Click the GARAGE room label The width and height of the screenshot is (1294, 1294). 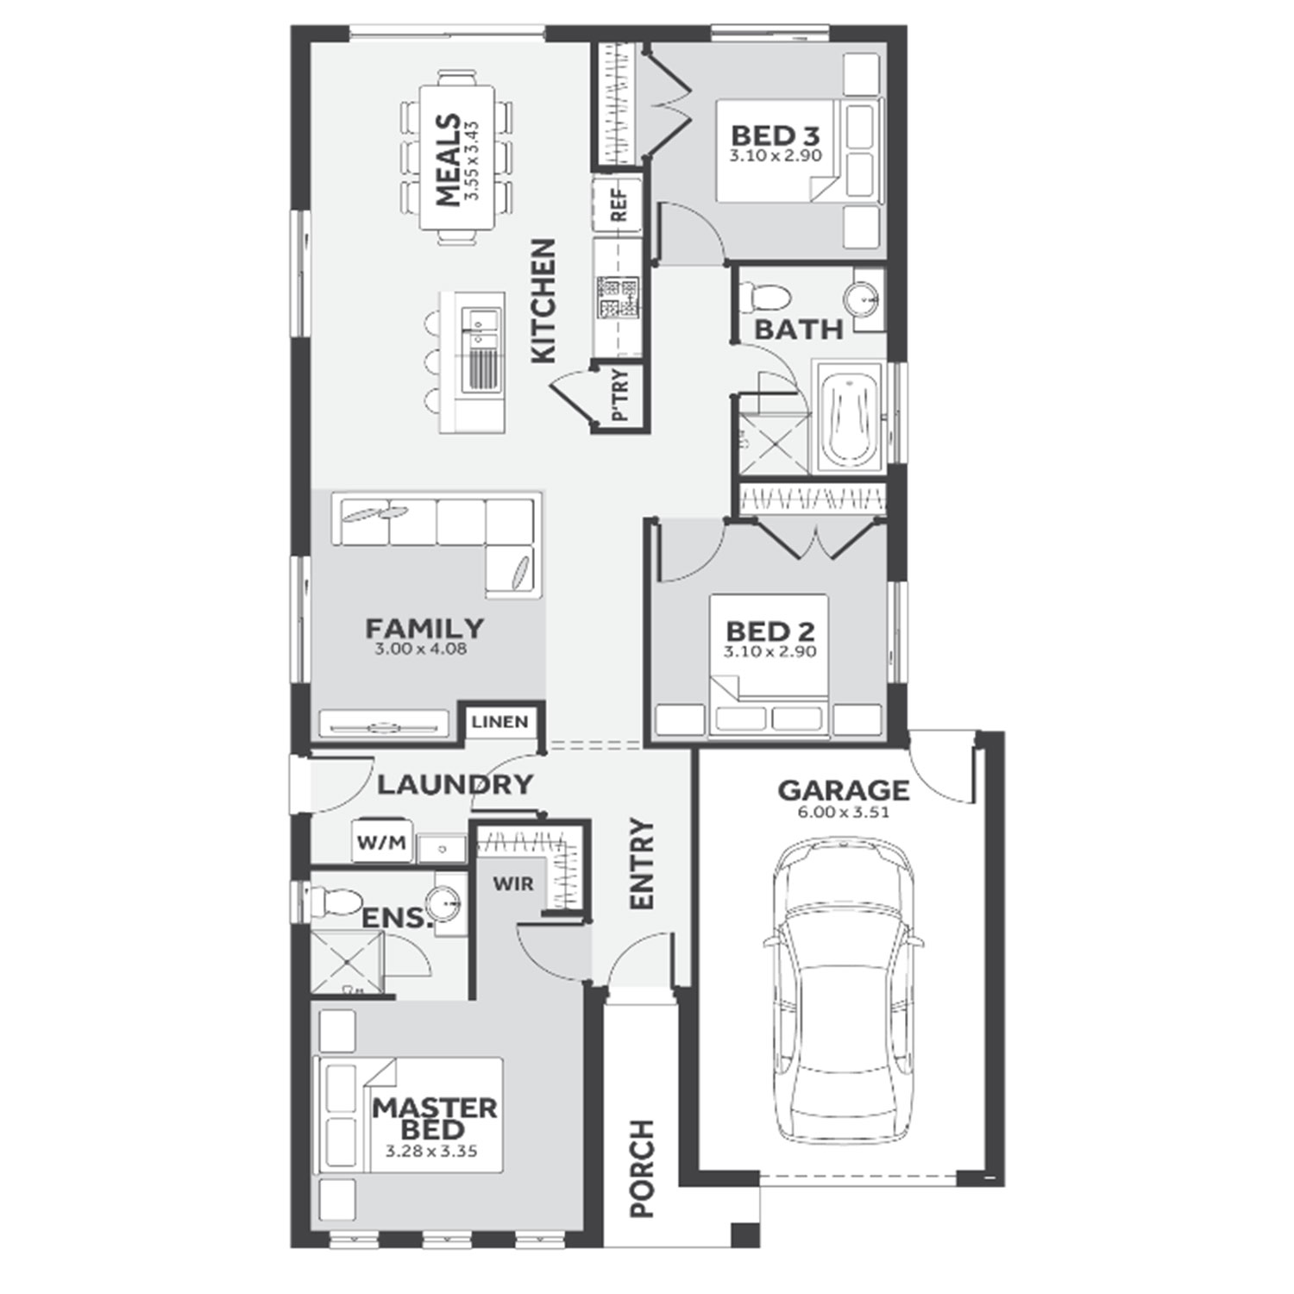[843, 790]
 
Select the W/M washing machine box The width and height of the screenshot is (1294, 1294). [382, 843]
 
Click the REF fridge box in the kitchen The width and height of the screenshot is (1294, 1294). [618, 204]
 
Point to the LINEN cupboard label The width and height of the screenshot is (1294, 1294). [499, 721]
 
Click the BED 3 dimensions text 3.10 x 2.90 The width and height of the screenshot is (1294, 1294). [775, 156]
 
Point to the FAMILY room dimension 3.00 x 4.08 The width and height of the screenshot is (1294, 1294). [421, 649]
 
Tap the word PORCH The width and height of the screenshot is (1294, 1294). [642, 1168]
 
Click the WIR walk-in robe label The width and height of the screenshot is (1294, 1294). [513, 884]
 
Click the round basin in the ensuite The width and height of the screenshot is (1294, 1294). [445, 902]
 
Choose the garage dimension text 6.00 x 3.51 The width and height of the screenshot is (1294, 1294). [844, 812]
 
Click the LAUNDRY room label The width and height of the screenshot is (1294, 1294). [455, 784]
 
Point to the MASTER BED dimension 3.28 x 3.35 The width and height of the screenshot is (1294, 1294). [431, 1151]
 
